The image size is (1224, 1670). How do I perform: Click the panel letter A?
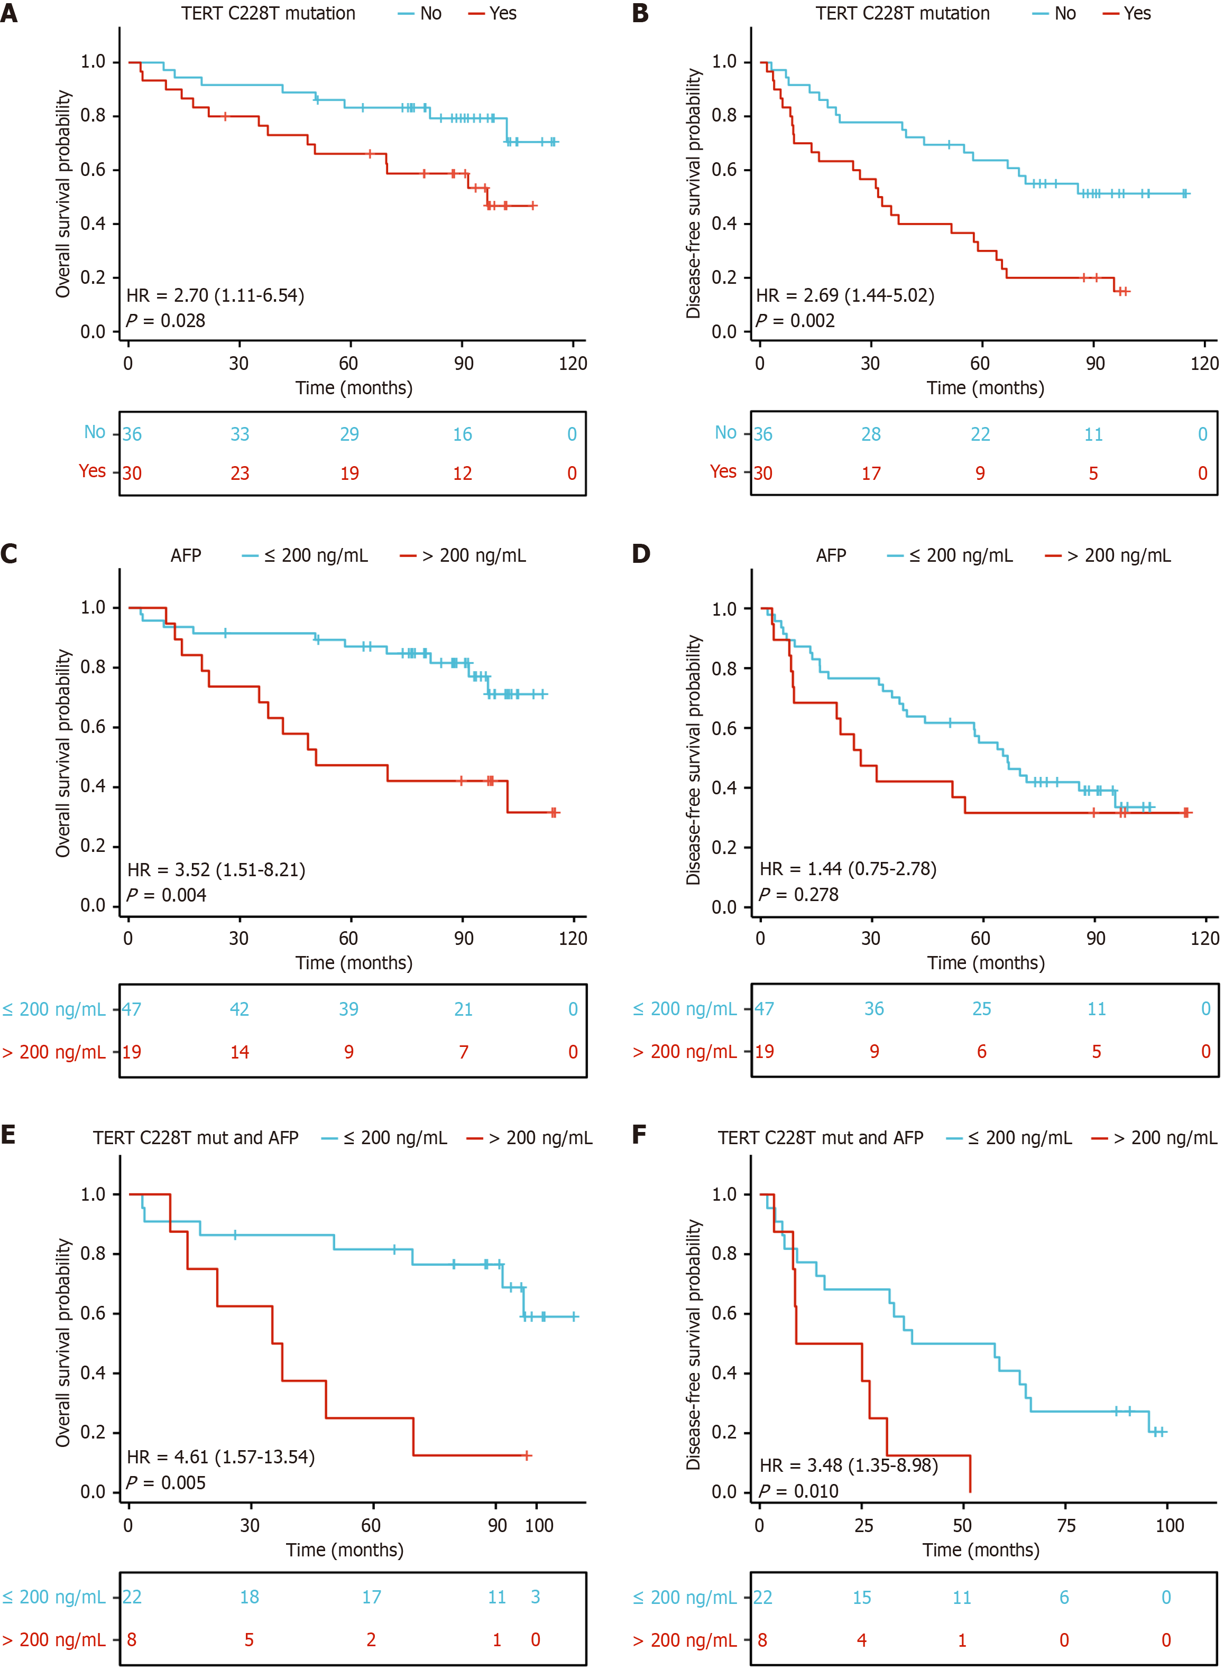click(x=9, y=13)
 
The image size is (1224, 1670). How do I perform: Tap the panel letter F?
click(x=639, y=1135)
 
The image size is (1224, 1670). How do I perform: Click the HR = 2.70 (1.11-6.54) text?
click(x=215, y=295)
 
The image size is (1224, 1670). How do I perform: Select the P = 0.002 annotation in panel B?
click(x=795, y=321)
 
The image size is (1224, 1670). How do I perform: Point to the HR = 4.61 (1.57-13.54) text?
click(x=221, y=1456)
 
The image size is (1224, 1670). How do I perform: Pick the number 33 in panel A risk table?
click(x=240, y=434)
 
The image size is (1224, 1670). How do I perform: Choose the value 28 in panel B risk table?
click(x=871, y=434)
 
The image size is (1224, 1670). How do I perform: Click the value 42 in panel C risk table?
click(x=240, y=1009)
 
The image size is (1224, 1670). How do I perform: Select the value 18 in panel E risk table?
click(x=249, y=1597)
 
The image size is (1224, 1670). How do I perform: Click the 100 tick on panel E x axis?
click(x=539, y=1525)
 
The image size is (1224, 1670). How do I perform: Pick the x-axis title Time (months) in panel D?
click(x=986, y=963)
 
